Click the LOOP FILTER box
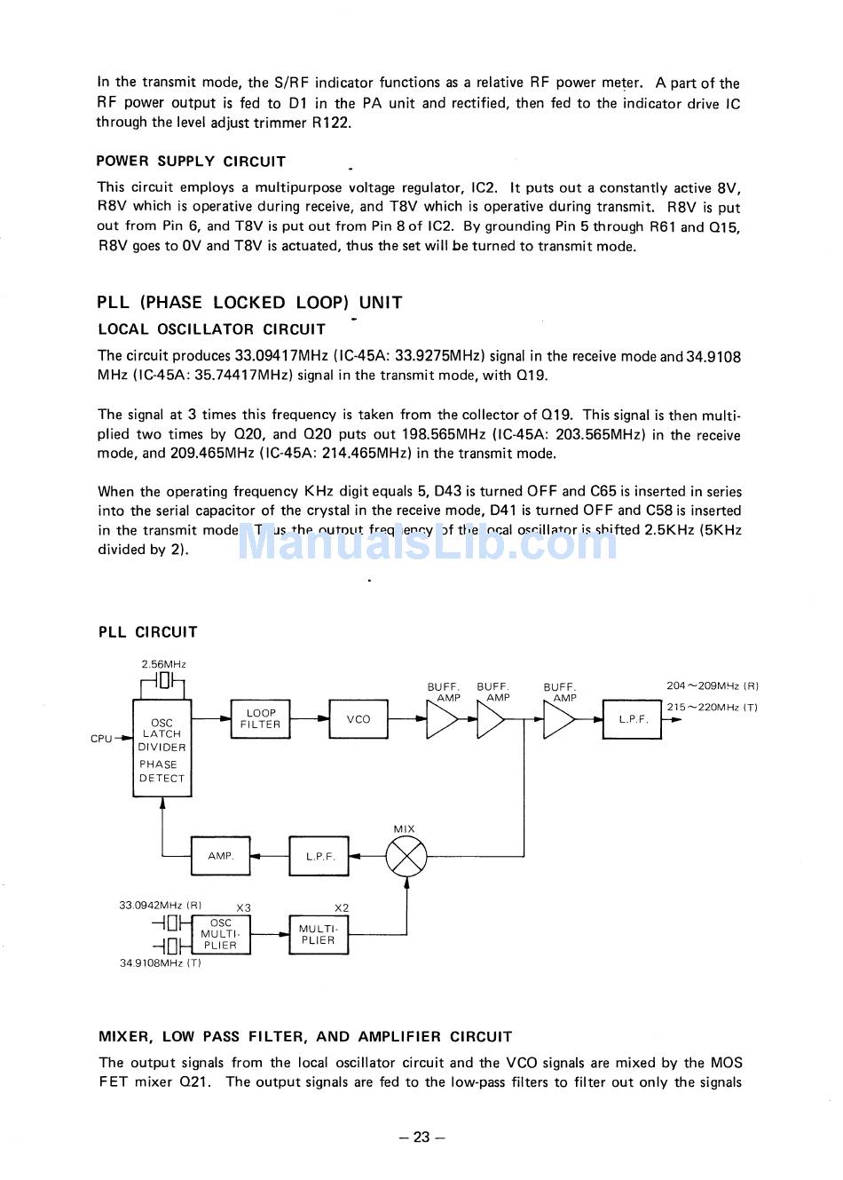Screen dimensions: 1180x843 click(260, 719)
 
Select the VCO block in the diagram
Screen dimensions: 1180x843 click(358, 719)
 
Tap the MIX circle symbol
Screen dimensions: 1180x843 click(406, 857)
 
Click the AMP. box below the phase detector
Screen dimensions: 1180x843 click(221, 856)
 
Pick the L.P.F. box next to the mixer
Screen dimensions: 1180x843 click(319, 857)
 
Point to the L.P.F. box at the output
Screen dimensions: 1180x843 click(633, 719)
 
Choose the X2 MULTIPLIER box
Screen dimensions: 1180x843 click(319, 935)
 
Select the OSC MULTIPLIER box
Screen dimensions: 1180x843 click(220, 935)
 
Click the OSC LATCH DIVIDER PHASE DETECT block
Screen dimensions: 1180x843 click(162, 748)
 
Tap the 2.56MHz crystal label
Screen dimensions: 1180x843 click(163, 664)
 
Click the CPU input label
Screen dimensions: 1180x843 click(101, 739)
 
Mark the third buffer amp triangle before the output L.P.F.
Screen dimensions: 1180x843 click(558, 720)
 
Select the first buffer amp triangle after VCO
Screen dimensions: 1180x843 click(441, 720)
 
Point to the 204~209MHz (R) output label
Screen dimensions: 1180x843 click(713, 685)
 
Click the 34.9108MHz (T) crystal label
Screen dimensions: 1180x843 click(160, 963)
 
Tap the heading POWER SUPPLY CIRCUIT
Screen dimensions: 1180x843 click(191, 162)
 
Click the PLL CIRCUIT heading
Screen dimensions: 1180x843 click(147, 632)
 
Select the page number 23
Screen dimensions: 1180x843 click(421, 1137)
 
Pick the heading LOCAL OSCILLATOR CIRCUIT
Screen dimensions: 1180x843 click(211, 329)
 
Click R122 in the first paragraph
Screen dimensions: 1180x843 click(331, 123)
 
